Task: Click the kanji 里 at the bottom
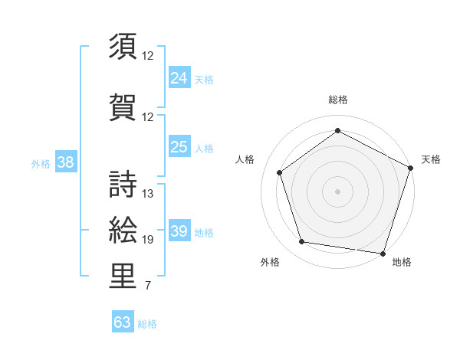pos(123,277)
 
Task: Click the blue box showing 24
pos(179,77)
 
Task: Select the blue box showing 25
pos(179,147)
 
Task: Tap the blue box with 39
pos(179,231)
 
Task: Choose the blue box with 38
pos(65,162)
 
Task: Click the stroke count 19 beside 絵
pos(148,240)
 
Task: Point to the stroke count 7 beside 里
pos(148,286)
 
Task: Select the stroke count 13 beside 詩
pos(148,193)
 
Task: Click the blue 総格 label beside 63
pos(147,324)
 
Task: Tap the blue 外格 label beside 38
pos(41,163)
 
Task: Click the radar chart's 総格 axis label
pos(338,100)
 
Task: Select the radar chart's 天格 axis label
pos(431,159)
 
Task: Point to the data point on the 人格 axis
pos(280,172)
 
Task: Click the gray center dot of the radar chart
pos(338,191)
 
